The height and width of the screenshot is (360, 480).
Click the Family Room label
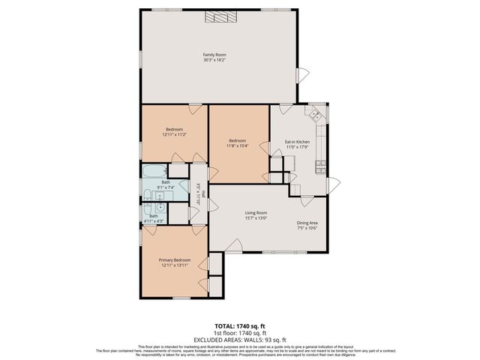click(214, 55)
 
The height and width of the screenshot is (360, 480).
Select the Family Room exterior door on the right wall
click(302, 76)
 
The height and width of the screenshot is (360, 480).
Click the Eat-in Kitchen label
click(297, 142)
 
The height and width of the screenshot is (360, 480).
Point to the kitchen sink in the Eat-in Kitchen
click(316, 115)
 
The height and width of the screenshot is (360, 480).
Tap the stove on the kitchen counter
click(321, 164)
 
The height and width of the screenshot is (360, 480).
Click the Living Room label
click(256, 213)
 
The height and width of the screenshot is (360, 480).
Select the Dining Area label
click(307, 223)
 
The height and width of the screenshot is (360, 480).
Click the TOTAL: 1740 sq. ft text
click(240, 326)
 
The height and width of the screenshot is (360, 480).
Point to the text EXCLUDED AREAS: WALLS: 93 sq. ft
click(240, 340)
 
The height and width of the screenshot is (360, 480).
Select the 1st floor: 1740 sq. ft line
click(240, 333)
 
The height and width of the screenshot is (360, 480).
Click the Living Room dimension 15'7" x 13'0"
click(256, 218)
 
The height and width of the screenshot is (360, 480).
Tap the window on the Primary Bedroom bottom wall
click(181, 298)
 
